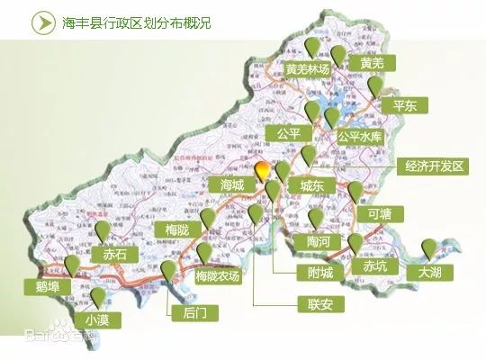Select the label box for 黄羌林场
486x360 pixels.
tap(309, 69)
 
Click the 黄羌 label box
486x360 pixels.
tap(372, 63)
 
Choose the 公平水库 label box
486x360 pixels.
tap(360, 137)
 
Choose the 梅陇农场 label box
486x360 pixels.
tap(219, 277)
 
